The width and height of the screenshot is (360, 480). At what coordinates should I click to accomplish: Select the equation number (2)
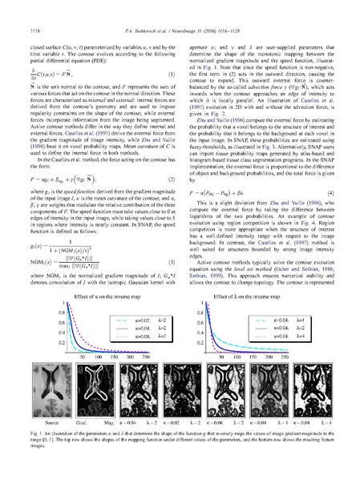click(173, 176)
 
